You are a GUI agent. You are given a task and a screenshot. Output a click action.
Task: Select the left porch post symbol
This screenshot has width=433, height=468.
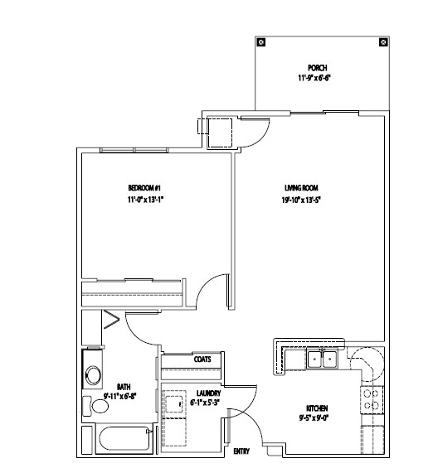click(x=260, y=41)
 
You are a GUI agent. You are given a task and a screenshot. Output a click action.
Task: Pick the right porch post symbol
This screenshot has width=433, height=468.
click(x=382, y=41)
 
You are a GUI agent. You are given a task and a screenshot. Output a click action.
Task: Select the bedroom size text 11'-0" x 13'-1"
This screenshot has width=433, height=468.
click(x=146, y=200)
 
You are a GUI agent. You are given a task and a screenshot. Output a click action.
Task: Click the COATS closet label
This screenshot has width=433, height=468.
click(x=202, y=359)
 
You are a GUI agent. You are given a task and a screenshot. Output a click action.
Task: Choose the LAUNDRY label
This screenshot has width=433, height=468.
click(x=207, y=393)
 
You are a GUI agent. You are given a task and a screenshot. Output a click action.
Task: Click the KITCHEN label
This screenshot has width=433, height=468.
click(x=317, y=408)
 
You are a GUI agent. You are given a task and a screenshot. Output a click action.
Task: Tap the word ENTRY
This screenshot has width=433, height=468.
click(x=241, y=451)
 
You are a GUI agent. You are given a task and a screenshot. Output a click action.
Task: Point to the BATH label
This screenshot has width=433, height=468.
click(x=123, y=386)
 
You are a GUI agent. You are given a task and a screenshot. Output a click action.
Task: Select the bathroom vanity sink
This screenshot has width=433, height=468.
click(x=93, y=374)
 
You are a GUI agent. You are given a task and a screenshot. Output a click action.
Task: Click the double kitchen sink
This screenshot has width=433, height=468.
click(x=322, y=359)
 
